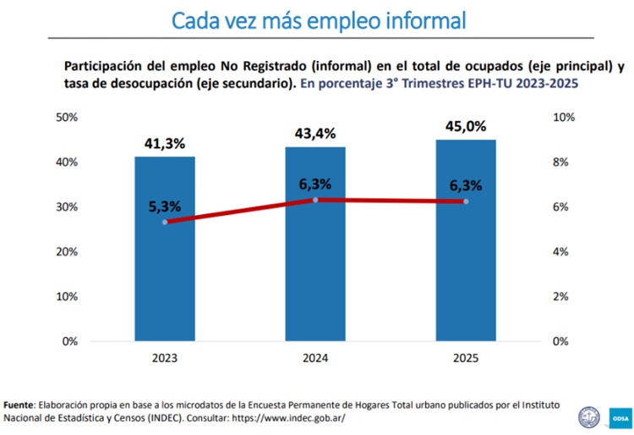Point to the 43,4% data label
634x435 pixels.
(x=314, y=134)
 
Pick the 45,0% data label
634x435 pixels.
(x=465, y=126)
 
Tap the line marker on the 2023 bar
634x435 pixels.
(x=165, y=222)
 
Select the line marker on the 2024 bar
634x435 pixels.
(x=315, y=200)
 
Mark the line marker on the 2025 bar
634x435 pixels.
(x=466, y=201)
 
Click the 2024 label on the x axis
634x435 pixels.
(x=315, y=359)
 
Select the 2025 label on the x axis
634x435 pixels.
(x=466, y=359)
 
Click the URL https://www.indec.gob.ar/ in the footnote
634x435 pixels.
(x=287, y=418)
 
